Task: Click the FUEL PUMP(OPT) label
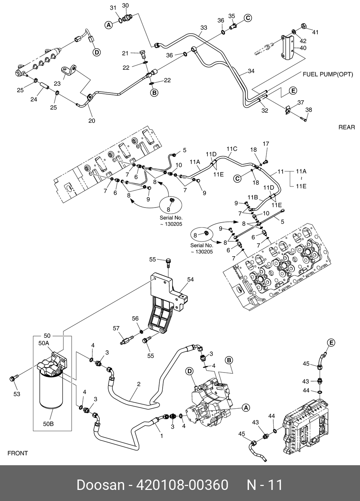328,74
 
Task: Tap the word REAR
346,127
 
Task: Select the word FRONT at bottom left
18,453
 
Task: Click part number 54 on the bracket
190,279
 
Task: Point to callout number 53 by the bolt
17,394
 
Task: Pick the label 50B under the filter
48,424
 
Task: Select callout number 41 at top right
315,32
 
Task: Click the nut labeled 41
302,26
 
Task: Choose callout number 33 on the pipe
204,28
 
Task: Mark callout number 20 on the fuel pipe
92,121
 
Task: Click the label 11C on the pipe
232,149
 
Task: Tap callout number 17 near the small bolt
265,144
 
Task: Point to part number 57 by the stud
116,328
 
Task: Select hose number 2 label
139,384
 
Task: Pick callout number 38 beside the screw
308,110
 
